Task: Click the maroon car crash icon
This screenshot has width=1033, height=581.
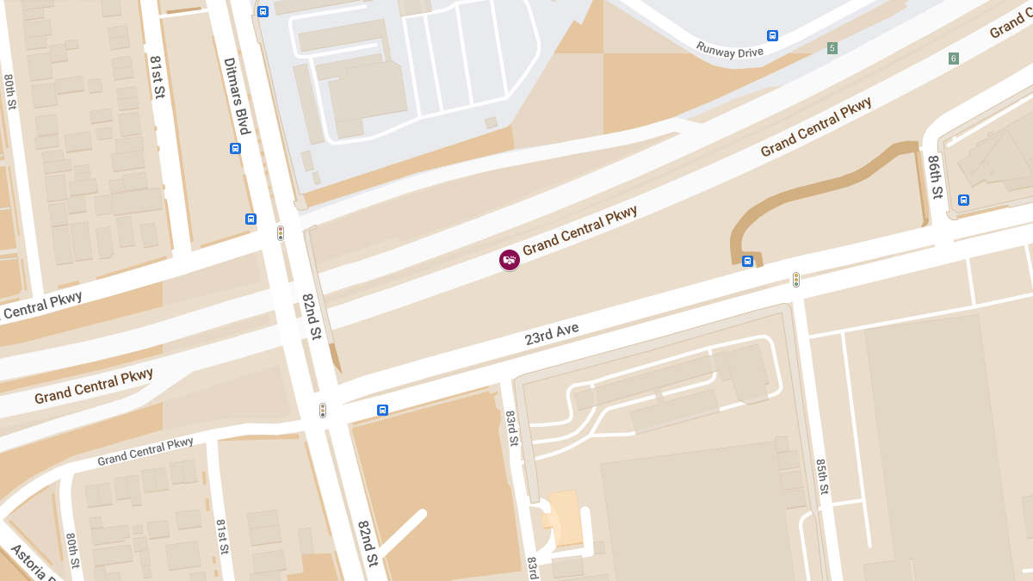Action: point(510,259)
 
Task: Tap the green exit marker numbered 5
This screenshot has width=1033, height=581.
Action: point(832,48)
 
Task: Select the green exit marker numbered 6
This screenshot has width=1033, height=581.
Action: point(953,59)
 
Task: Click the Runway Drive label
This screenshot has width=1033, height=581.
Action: point(729,50)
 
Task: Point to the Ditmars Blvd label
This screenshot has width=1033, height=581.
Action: point(236,96)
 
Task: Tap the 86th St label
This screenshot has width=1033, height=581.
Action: point(936,176)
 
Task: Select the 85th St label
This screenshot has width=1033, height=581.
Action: point(822,476)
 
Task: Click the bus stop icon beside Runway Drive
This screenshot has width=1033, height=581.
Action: point(772,35)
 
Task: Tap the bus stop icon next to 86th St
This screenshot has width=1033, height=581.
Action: point(963,200)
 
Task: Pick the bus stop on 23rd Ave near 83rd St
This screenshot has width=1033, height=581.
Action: point(382,410)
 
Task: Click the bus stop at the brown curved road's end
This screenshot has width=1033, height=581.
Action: point(747,261)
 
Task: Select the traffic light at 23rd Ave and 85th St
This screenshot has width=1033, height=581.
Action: point(796,280)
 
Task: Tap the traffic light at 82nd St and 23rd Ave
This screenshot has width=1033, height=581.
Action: point(323,411)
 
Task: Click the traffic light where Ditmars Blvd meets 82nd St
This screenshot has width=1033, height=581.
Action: point(281,232)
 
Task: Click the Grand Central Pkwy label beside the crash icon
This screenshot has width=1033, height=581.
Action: point(579,230)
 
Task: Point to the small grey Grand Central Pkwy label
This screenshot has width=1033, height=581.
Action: point(145,452)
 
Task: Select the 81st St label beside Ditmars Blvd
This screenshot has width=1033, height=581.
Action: point(157,77)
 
